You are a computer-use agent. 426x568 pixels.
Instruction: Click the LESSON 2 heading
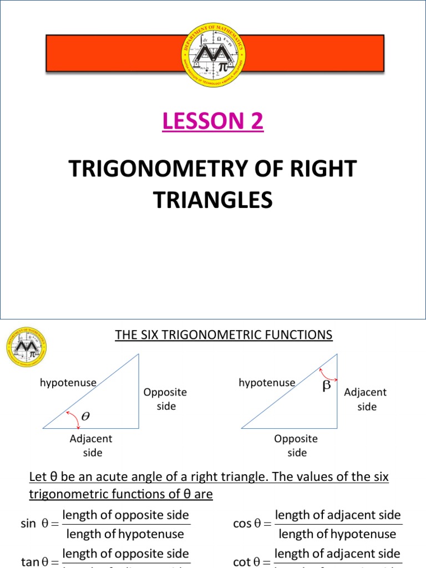[x=213, y=120]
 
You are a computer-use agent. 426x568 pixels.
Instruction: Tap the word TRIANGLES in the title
[x=213, y=199]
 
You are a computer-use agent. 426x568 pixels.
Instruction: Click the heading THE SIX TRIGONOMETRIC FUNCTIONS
[x=224, y=334]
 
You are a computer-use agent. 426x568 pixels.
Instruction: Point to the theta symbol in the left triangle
[x=84, y=414]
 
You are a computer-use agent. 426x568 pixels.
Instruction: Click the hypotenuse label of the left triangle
[x=68, y=382]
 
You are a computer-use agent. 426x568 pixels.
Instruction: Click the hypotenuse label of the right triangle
[x=267, y=382]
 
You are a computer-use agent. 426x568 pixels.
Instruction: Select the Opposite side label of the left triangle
[x=165, y=399]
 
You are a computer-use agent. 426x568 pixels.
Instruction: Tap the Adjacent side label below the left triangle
[x=91, y=445]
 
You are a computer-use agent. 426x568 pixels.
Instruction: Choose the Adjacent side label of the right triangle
[x=366, y=399]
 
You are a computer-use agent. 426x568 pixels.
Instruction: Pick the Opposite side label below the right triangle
[x=296, y=445]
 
